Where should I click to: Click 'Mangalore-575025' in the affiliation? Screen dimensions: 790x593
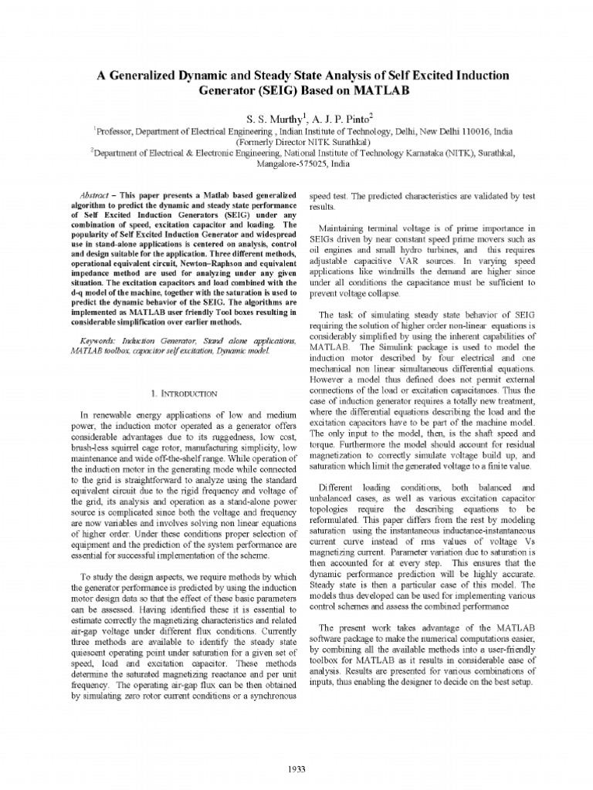tap(285, 164)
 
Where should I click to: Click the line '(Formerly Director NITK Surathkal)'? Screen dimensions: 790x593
tap(296, 143)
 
